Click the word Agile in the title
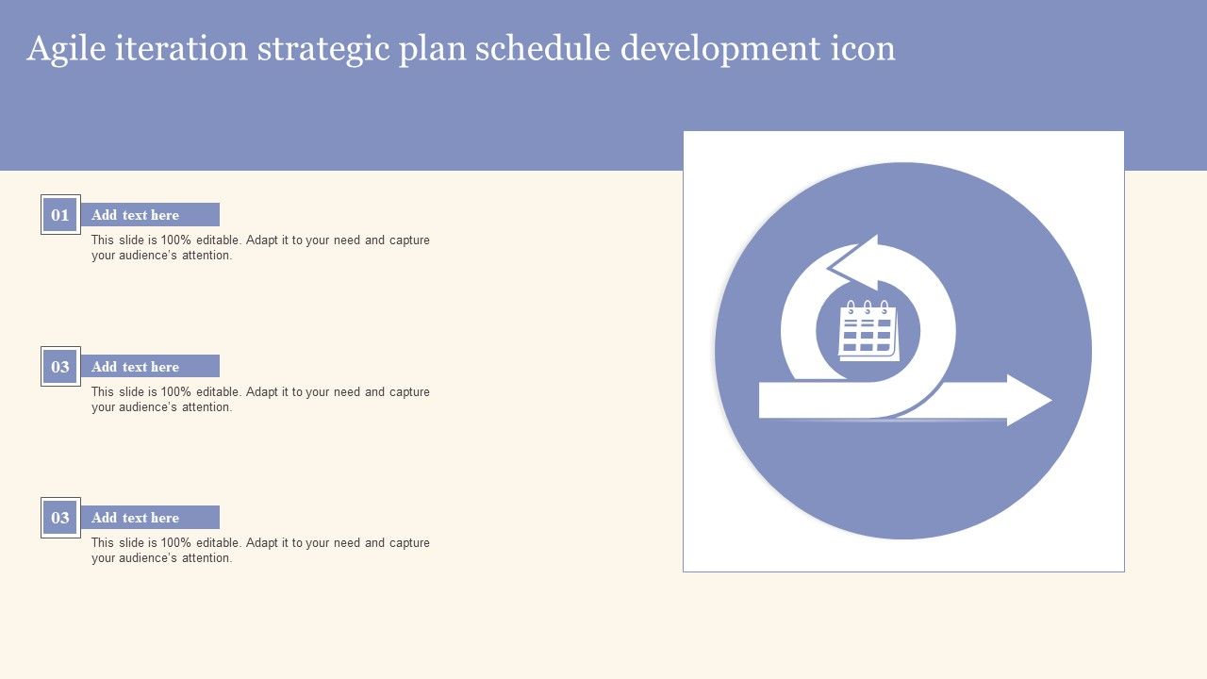[x=66, y=49]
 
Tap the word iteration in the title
[x=181, y=48]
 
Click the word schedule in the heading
[x=543, y=48]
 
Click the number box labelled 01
[x=60, y=214]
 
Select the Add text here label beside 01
[x=135, y=214]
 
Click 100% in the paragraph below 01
[x=175, y=240]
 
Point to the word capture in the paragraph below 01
[x=409, y=240]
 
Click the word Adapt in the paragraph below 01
[x=261, y=240]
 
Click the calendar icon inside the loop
[x=868, y=331]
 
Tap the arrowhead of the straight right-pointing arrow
[x=1027, y=400]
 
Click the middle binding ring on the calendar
[x=868, y=307]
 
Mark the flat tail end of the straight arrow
[x=760, y=400]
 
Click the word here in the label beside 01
[x=165, y=214]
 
